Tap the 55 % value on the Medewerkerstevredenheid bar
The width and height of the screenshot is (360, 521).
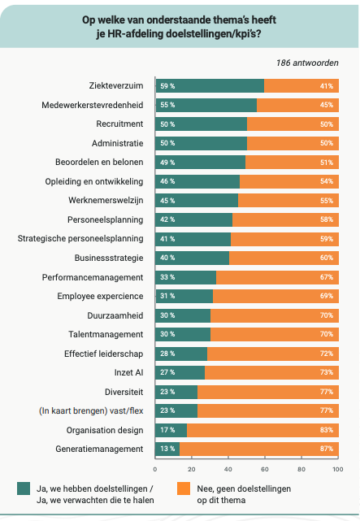point(167,105)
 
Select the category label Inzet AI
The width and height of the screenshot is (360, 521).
point(130,372)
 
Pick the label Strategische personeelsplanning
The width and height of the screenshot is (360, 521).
point(80,238)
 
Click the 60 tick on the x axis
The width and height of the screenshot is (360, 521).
point(265,468)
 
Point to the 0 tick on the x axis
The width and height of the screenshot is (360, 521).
point(155,468)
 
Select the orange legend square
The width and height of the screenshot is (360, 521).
point(183,488)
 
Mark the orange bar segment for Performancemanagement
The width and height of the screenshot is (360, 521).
point(276,276)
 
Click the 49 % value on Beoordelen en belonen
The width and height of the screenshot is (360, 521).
point(167,162)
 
